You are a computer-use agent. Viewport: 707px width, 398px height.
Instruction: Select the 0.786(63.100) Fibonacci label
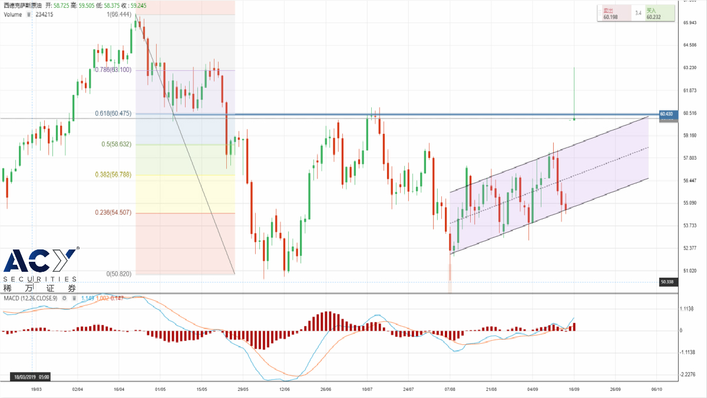click(x=113, y=70)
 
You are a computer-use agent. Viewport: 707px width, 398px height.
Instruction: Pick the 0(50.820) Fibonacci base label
click(x=118, y=274)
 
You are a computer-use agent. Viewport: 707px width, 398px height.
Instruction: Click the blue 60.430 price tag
click(x=666, y=113)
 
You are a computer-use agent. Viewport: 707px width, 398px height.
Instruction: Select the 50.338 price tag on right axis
click(x=666, y=282)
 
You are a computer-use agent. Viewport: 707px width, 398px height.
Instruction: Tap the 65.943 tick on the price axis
click(x=673, y=23)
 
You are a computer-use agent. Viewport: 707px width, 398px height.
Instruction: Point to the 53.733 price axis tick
click(x=673, y=225)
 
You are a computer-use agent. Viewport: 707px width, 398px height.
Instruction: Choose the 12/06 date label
click(x=285, y=390)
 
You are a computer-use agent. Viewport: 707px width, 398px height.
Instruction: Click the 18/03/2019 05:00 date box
click(x=29, y=376)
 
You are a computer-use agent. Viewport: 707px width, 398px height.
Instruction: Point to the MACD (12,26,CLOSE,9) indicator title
click(x=31, y=298)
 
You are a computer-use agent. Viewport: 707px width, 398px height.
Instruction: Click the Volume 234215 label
click(x=29, y=15)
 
